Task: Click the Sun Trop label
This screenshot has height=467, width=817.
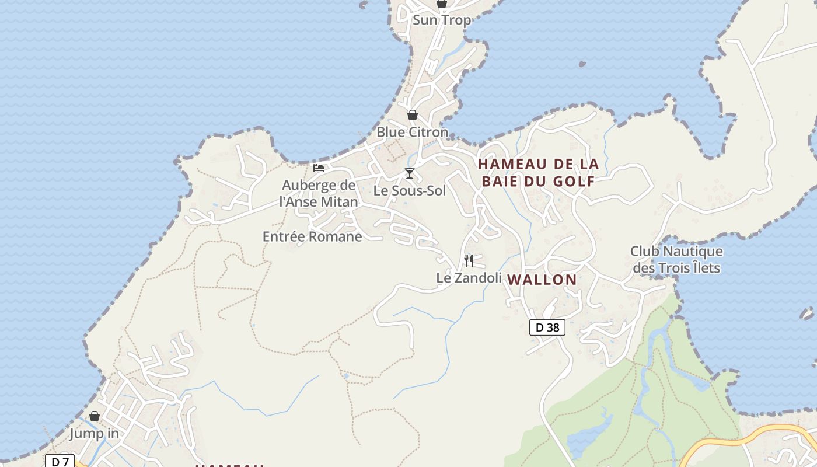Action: [442, 20]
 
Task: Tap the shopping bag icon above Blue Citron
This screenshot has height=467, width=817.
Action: [413, 115]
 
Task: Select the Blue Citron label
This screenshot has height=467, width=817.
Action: [412, 132]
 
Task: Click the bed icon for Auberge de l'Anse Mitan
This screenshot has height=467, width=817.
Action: [319, 168]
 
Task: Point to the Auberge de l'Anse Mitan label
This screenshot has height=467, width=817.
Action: [319, 193]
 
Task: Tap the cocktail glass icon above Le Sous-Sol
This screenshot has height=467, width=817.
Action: [410, 173]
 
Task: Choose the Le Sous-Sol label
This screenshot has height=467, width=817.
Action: [410, 190]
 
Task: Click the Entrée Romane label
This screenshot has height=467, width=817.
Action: [312, 236]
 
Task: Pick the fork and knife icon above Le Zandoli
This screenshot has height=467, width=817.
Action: [469, 260]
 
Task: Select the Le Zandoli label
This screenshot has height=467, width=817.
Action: [469, 278]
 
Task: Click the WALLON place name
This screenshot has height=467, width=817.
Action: [542, 280]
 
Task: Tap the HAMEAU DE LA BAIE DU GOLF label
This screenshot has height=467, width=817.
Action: [538, 172]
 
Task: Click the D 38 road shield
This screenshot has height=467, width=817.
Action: [547, 327]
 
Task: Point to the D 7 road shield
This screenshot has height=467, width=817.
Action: [60, 462]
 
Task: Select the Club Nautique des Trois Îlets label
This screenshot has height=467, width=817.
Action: [676, 260]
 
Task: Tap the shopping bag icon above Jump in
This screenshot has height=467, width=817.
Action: [95, 417]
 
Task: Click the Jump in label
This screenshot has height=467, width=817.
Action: [95, 434]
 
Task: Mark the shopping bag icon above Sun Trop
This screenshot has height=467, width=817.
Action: [442, 4]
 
